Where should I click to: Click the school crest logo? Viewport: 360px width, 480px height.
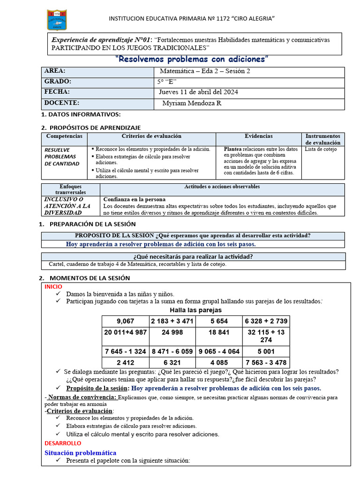[x=57, y=20]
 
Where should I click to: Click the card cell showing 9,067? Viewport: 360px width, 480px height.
[x=125, y=321]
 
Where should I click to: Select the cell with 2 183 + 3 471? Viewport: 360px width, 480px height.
[x=172, y=321]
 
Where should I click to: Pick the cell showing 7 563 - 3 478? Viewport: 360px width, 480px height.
[x=266, y=362]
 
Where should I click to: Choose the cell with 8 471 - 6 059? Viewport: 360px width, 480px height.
[x=172, y=351]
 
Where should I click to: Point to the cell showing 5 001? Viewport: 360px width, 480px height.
[x=266, y=351]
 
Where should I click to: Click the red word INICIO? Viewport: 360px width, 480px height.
[x=53, y=286]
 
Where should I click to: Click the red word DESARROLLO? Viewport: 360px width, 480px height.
[x=62, y=443]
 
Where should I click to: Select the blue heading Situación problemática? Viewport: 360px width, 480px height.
[x=80, y=453]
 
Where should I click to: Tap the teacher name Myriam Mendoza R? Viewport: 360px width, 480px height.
[x=191, y=103]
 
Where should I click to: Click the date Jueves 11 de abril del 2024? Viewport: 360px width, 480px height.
[x=199, y=92]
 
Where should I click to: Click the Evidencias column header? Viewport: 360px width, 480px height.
[x=258, y=136]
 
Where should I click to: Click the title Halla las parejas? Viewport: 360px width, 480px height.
[x=195, y=310]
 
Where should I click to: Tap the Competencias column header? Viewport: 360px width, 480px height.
[x=64, y=136]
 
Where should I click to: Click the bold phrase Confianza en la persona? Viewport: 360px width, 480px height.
[x=134, y=199]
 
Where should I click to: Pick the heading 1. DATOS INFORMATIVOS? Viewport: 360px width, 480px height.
[x=81, y=115]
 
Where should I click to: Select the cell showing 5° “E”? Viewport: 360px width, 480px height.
[x=167, y=82]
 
